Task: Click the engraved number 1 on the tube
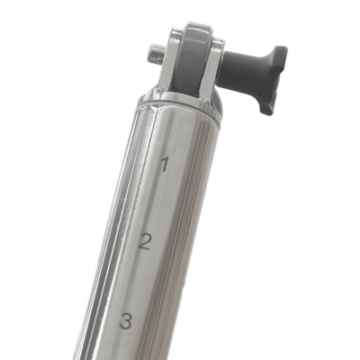[164, 164]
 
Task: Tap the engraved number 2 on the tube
[144, 242]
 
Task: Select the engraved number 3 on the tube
[126, 320]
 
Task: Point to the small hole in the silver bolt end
[158, 60]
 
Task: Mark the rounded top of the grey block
[196, 30]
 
